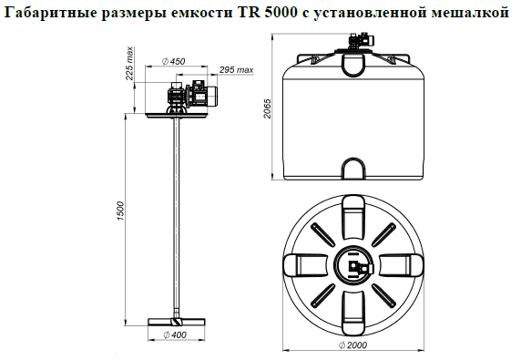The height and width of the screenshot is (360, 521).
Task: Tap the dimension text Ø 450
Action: [172, 61]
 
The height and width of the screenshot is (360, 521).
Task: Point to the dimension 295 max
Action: [236, 70]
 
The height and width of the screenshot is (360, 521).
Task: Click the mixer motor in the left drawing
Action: [206, 95]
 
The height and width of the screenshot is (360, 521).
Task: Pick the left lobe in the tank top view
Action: [305, 265]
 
